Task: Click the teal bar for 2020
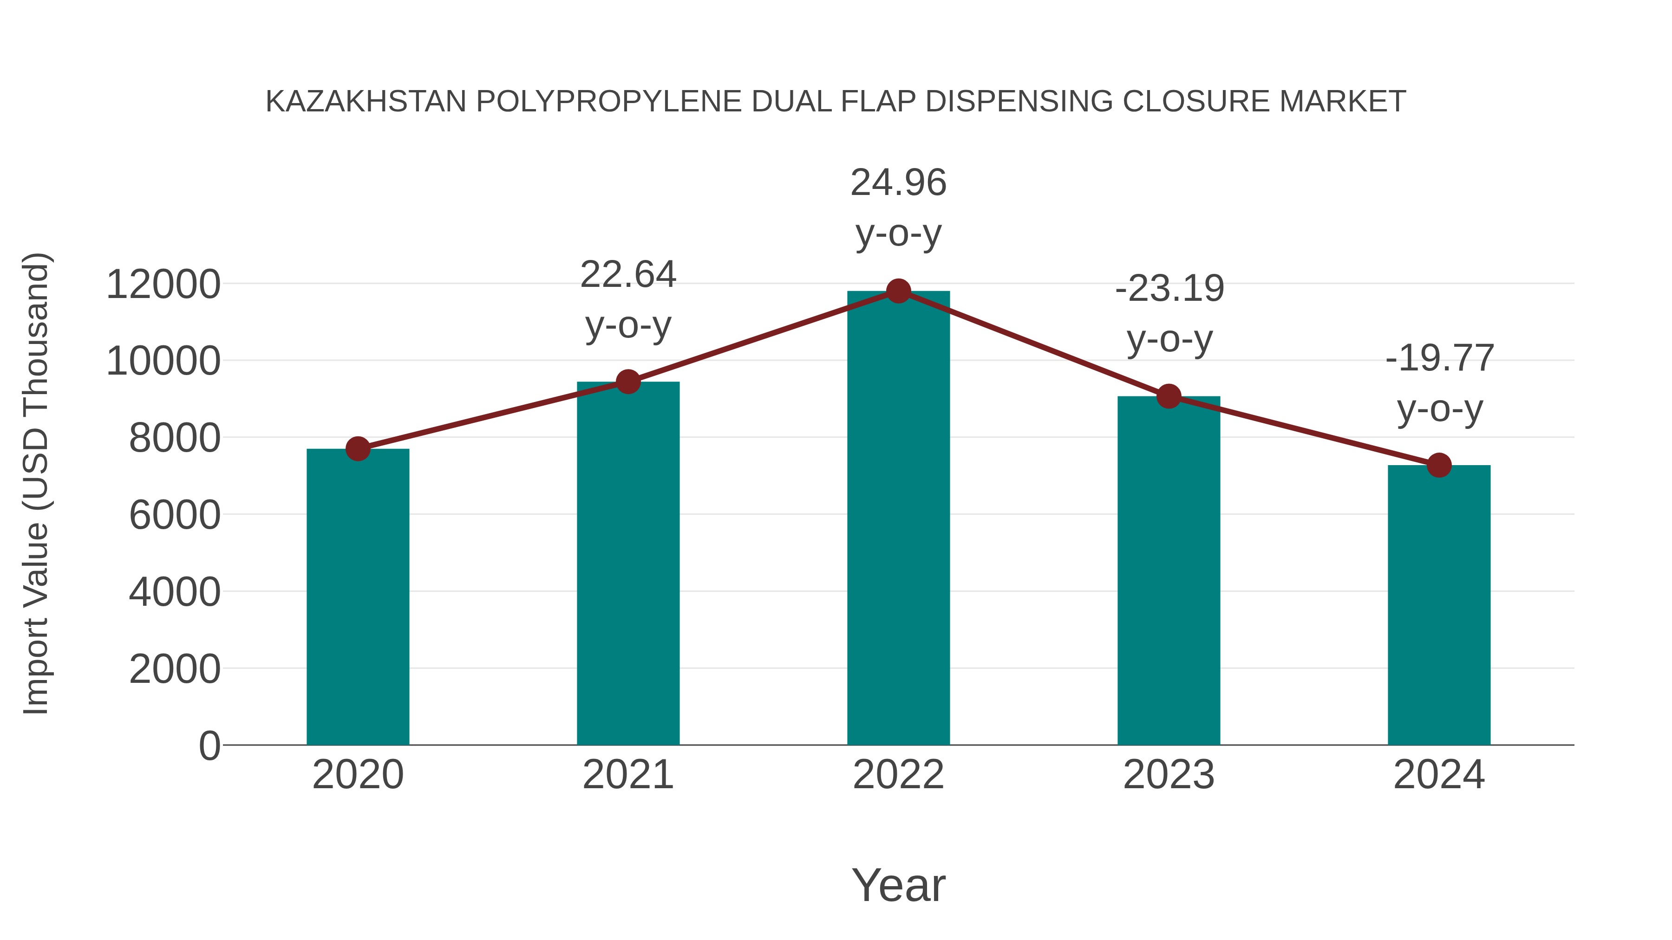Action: pyautogui.click(x=358, y=597)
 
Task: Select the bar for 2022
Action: pyautogui.click(x=898, y=519)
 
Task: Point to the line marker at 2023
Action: pyautogui.click(x=1169, y=395)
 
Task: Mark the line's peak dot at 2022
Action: pyautogui.click(x=898, y=291)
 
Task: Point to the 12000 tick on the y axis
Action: pyautogui.click(x=163, y=285)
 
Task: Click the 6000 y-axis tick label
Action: pyautogui.click(x=175, y=516)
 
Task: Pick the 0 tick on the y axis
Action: pyautogui.click(x=209, y=746)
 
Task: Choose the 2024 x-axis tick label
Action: pyautogui.click(x=1439, y=775)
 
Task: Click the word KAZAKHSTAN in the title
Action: pyautogui.click(x=366, y=102)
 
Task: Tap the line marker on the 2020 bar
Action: pyautogui.click(x=358, y=448)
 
